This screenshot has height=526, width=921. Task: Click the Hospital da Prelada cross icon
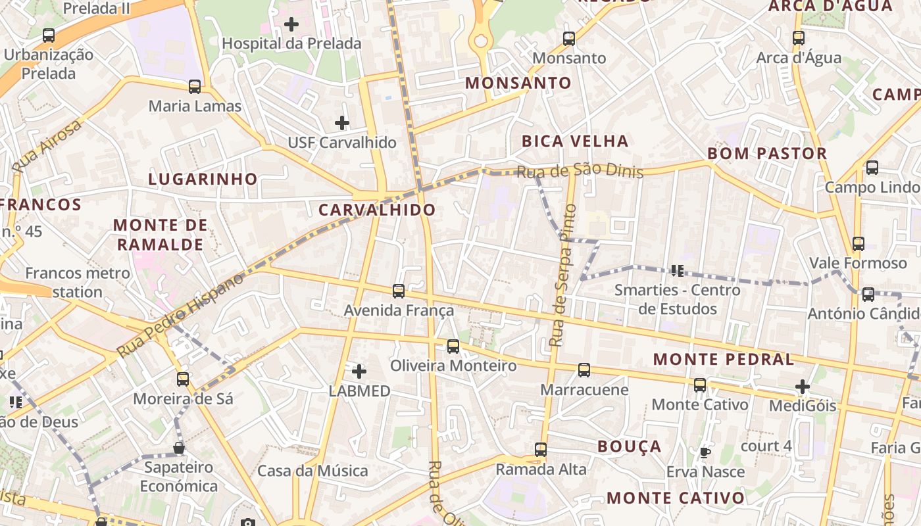click(x=291, y=24)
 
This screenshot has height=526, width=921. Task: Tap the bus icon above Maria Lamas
click(x=194, y=86)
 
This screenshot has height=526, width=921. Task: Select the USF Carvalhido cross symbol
click(x=342, y=122)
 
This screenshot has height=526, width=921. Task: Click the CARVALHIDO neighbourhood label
click(x=377, y=210)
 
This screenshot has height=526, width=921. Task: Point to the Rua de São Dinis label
click(x=579, y=171)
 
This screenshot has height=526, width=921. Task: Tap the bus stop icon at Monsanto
click(x=569, y=39)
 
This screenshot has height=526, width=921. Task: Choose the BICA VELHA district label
click(x=575, y=141)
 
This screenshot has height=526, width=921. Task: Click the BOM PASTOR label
click(x=767, y=153)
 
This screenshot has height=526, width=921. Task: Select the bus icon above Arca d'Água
click(x=799, y=38)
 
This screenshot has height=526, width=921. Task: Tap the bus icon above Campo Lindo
click(x=872, y=168)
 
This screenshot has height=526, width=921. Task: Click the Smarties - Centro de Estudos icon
click(x=678, y=270)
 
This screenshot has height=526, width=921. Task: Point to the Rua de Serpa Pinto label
click(x=563, y=276)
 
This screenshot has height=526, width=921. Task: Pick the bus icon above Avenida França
click(x=399, y=291)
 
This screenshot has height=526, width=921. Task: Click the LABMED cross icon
click(x=359, y=371)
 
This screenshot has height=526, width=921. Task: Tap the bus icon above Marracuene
click(x=584, y=370)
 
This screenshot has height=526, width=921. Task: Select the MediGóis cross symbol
click(x=802, y=386)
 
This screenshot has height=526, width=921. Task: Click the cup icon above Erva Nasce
click(x=705, y=452)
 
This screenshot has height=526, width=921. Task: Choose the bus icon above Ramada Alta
click(x=541, y=450)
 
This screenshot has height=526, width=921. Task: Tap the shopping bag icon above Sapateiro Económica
click(x=179, y=448)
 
